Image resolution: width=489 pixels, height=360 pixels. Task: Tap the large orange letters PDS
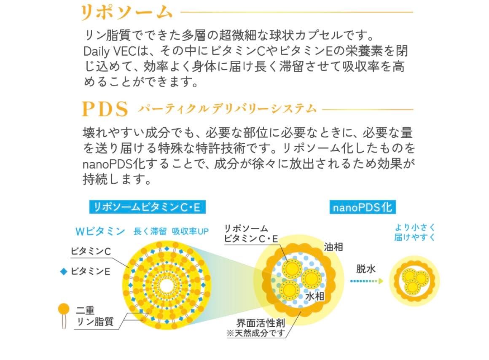[105, 109]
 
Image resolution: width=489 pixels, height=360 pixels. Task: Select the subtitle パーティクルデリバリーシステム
[227, 109]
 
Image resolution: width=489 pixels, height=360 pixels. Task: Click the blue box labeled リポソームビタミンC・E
[147, 207]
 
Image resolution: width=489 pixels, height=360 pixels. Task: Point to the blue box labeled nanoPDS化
[363, 207]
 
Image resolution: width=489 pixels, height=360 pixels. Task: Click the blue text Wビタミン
[100, 231]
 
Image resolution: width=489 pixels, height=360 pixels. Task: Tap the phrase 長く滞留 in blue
[150, 231]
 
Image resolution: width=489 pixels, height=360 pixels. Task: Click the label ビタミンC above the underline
[91, 252]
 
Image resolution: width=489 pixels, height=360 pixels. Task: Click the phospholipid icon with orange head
[64, 310]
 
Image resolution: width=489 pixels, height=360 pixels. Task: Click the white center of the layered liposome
[166, 286]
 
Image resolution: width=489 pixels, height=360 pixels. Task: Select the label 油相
[333, 247]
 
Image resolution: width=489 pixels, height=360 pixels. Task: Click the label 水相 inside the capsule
[314, 296]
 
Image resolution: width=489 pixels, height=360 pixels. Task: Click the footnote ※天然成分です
[256, 333]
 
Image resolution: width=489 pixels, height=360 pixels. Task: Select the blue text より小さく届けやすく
[414, 232]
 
